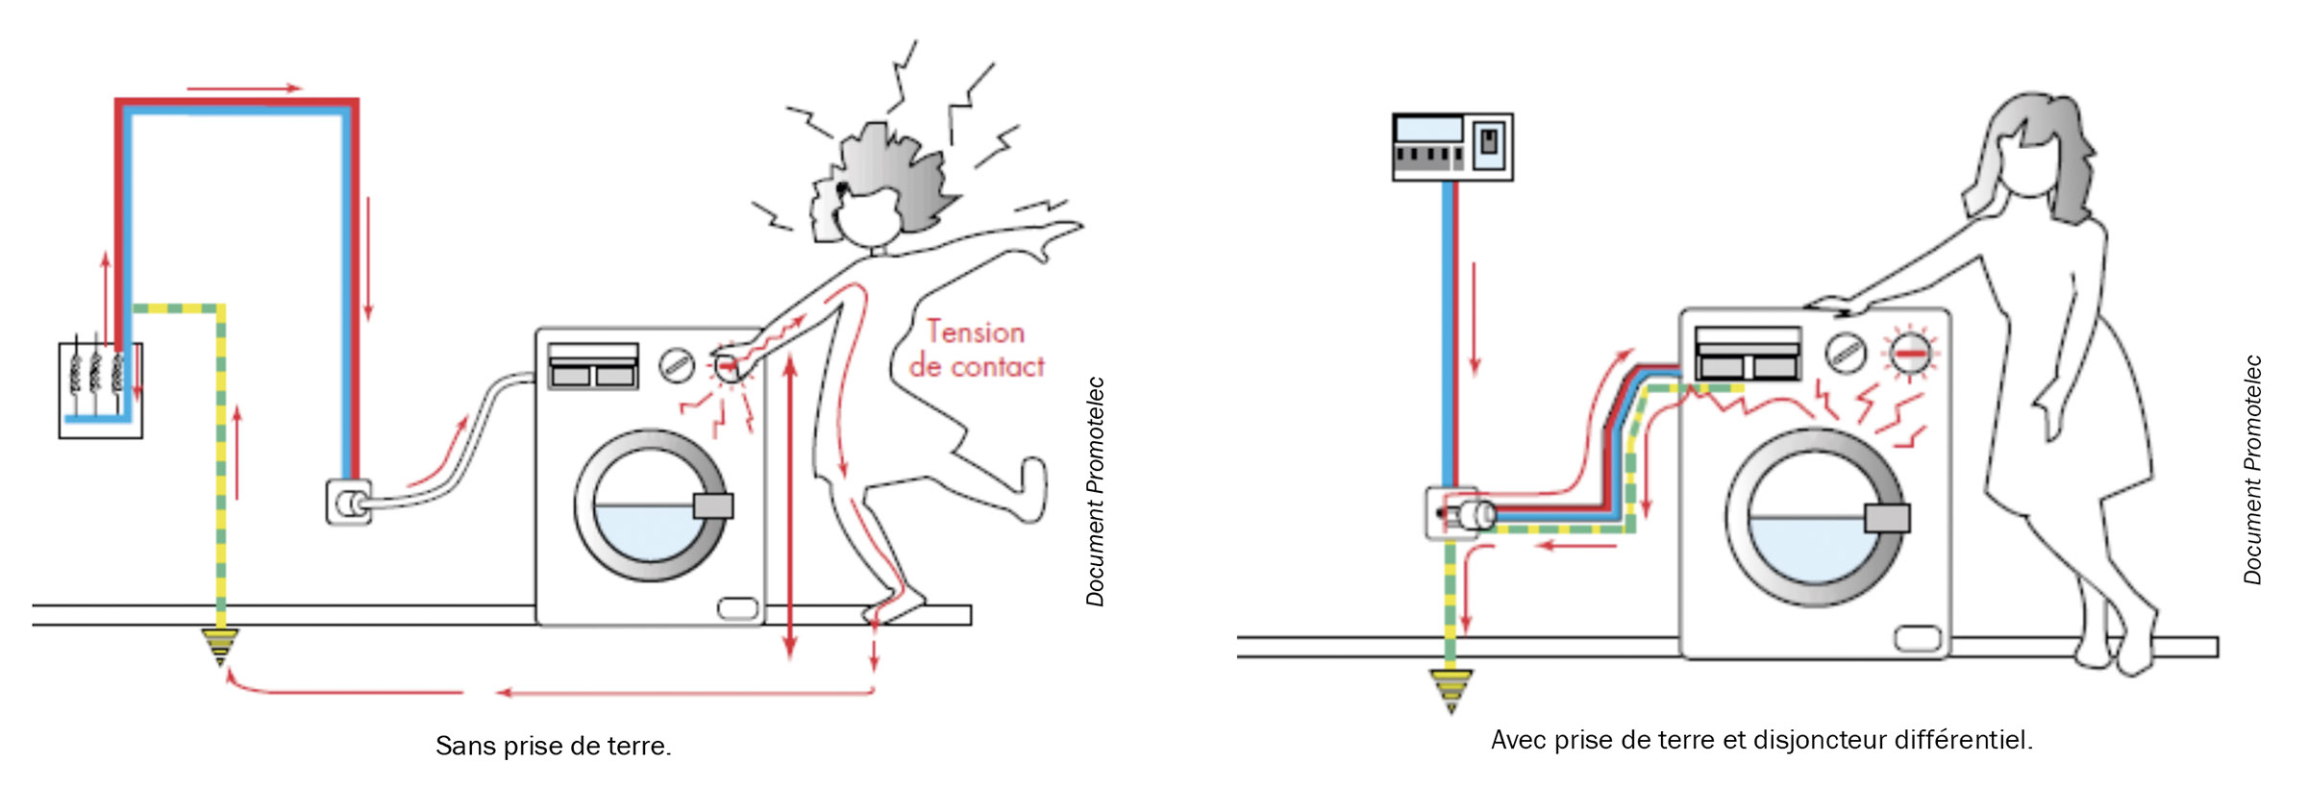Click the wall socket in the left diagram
(348, 503)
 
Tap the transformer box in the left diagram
(100, 390)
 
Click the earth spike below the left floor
(220, 646)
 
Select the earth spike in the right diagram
(1451, 689)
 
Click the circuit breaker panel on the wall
(1452, 147)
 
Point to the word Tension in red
(976, 332)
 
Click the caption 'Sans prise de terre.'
(553, 746)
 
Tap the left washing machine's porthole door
(651, 505)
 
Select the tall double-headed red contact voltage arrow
(790, 506)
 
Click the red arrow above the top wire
(244, 88)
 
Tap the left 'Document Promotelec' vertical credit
(1095, 491)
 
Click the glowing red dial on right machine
(1910, 353)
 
